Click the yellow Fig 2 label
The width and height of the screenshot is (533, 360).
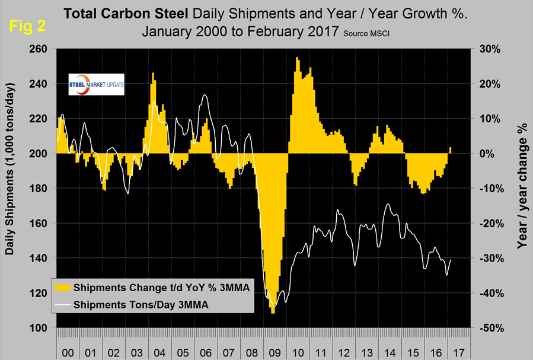click(28, 26)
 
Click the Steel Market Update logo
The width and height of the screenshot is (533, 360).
click(97, 85)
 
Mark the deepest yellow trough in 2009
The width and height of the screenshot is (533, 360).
click(273, 311)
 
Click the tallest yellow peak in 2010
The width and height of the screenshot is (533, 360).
click(296, 59)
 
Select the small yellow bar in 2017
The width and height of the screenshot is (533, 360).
click(451, 150)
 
